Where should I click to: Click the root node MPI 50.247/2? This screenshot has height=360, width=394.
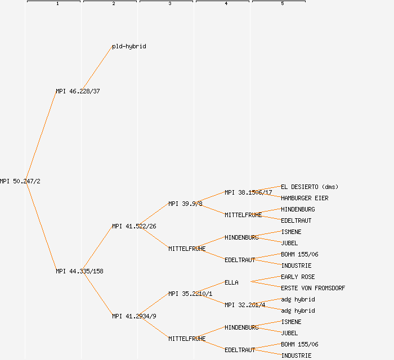coord(20,181)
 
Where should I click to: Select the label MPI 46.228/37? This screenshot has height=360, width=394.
coord(78,91)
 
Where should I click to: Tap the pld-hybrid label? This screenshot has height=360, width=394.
coord(129,46)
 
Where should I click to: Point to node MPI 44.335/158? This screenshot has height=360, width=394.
coord(79,271)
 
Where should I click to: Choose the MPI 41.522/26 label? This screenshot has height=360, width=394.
coord(134,226)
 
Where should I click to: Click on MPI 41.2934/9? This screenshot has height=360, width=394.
coord(134,316)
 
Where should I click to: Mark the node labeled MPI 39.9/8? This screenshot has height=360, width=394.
coord(185,204)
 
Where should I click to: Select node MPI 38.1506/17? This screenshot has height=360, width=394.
coord(248,192)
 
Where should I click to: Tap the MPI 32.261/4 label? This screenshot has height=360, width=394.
coord(245,305)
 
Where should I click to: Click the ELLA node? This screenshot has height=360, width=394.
coord(231,282)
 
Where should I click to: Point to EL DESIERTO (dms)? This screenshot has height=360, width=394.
coord(310,187)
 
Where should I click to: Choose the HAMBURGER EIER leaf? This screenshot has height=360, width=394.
coord(305,198)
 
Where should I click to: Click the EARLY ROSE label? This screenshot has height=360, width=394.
coord(298,277)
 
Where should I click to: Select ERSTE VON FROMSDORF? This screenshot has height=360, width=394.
coord(313,288)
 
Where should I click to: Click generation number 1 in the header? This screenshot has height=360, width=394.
coord(57,4)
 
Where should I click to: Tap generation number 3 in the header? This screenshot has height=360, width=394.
coord(170,4)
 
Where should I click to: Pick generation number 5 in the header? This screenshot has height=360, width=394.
coord(283,4)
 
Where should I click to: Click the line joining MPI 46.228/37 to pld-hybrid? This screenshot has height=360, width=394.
coord(97,69)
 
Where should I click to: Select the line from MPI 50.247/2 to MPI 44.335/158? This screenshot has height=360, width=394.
coord(41,226)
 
